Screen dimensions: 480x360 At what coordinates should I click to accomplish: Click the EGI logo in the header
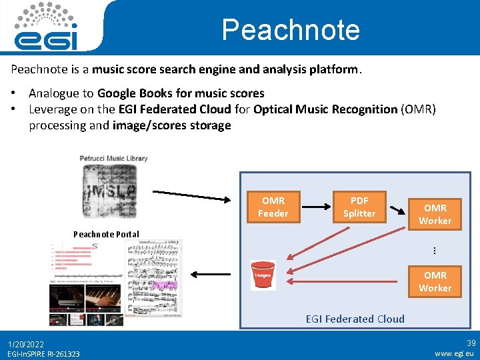coord(46,27)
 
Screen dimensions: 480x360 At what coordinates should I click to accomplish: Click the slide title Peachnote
coord(290,30)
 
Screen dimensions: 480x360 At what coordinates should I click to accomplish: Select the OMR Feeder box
coord(273,207)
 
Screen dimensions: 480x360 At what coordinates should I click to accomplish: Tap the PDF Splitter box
coord(359,207)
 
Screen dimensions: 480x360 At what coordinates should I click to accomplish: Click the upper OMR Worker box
coord(435,215)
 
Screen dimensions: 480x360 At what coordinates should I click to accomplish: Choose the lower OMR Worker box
coord(435,281)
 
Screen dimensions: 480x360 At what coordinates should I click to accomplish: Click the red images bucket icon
coord(263,275)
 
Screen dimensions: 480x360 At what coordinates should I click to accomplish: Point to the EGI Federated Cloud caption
coord(355,319)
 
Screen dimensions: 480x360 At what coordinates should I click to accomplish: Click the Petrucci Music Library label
coord(113,159)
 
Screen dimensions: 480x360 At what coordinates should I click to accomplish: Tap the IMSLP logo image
coord(113,189)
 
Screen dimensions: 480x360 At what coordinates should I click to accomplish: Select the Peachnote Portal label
coord(106,234)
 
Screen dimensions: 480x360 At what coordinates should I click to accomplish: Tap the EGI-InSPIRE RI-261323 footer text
coord(43,354)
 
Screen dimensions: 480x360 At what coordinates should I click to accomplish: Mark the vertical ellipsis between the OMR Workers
coord(434,251)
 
